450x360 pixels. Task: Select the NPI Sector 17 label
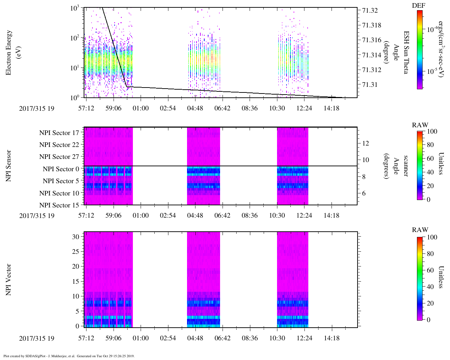tap(59, 133)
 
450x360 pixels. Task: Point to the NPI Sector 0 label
tap(61, 169)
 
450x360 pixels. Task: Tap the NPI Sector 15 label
tap(59, 205)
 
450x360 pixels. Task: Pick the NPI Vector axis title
tap(8, 279)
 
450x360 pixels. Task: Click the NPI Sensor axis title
tap(8, 166)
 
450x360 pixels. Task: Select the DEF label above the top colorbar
tap(419, 6)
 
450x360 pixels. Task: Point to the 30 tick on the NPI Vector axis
tap(76, 237)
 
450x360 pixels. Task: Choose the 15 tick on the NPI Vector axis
tap(76, 281)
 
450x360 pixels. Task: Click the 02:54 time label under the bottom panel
tap(168, 338)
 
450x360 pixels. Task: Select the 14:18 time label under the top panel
tap(331, 108)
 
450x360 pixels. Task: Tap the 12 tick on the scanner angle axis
tap(366, 143)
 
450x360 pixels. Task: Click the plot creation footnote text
tap(69, 356)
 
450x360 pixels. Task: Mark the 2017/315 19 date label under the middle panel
tap(37, 216)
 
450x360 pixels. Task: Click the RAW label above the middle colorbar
tap(420, 125)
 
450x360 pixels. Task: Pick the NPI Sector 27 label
tap(59, 157)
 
